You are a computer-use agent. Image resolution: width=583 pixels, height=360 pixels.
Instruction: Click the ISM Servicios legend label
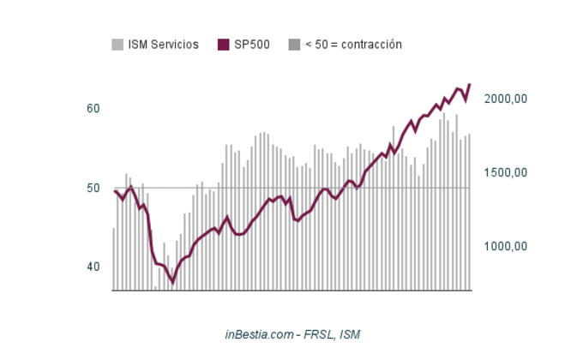(163, 45)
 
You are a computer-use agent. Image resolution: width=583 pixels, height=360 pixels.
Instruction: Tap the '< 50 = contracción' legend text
(353, 45)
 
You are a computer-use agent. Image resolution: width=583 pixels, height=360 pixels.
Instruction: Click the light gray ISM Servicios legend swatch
(118, 45)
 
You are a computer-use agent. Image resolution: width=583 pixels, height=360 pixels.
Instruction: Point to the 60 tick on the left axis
(93, 109)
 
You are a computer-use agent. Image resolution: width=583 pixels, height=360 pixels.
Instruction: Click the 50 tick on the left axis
(93, 188)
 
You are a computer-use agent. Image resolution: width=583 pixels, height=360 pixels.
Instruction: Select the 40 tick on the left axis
(93, 267)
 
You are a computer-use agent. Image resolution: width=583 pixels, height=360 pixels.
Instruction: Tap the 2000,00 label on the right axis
(505, 99)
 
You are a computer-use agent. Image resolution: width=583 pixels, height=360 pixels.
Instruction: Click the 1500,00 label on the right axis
(505, 173)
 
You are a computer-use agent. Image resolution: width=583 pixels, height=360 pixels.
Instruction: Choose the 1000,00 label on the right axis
(505, 247)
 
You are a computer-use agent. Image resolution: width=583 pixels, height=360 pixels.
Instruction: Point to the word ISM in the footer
(350, 333)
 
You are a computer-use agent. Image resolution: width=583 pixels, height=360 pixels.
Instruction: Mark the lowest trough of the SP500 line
(172, 282)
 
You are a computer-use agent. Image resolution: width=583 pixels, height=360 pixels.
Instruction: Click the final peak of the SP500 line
(470, 84)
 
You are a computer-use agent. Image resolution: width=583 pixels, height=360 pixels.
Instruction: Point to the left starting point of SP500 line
(114, 190)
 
